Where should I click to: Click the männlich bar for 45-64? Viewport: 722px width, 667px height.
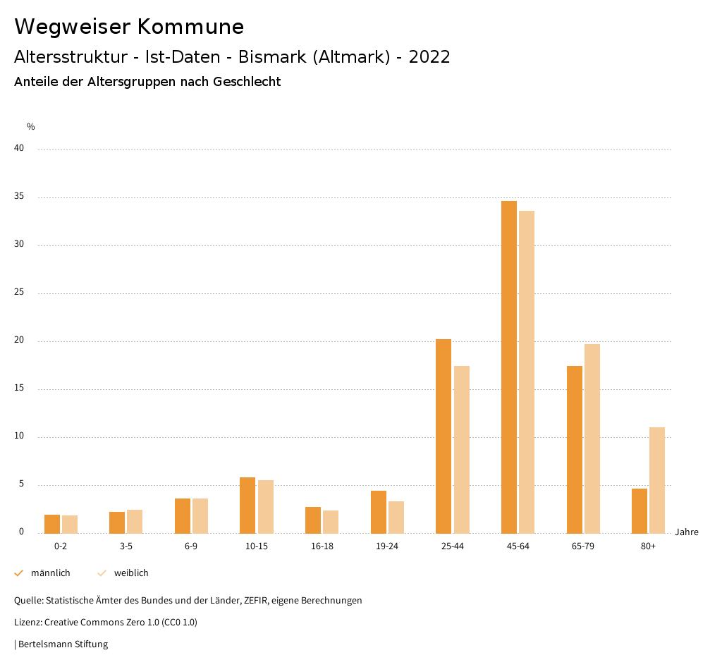[x=509, y=367]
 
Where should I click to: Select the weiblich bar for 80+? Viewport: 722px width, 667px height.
[x=657, y=480]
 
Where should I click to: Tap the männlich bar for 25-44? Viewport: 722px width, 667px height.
[x=443, y=436]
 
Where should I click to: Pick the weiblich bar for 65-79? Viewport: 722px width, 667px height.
[x=592, y=439]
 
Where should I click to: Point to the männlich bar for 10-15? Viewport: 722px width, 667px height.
[x=247, y=505]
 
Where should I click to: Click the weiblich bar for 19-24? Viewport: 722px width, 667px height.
[x=396, y=517]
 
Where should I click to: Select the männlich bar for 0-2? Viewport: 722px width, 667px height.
[x=52, y=524]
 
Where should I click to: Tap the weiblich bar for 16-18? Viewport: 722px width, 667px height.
[x=331, y=522]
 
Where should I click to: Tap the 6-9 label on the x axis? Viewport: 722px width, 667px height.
[x=191, y=546]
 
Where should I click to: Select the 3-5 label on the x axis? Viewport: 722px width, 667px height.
[x=126, y=546]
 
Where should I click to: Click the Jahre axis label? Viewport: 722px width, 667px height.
[x=687, y=532]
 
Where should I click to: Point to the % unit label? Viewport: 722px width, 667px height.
[x=30, y=127]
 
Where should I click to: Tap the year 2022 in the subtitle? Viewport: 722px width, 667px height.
[x=429, y=57]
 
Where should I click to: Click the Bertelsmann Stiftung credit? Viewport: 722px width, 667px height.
[x=63, y=644]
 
